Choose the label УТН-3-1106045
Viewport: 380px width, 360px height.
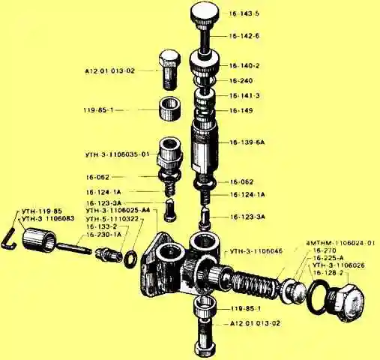tap(256, 250)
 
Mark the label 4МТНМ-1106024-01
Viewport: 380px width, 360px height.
tap(340, 243)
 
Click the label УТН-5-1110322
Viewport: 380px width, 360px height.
tap(112, 218)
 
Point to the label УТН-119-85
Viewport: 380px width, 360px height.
tap(43, 211)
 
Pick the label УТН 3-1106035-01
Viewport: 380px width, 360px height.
tap(118, 154)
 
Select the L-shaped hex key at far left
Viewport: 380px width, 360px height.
tap(9, 239)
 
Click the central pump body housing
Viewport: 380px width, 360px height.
tap(184, 262)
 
